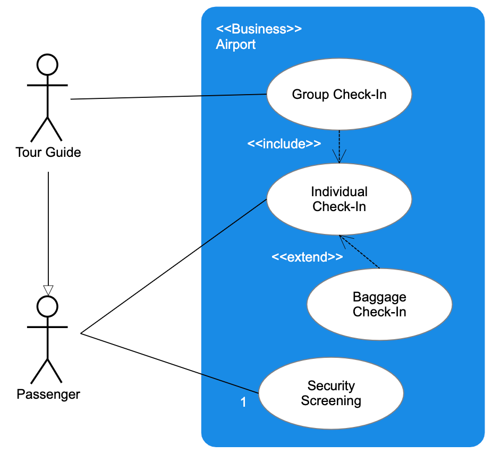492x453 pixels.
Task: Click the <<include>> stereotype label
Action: [284, 144]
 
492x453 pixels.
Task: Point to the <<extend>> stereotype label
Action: [307, 257]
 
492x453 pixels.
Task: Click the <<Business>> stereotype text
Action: [259, 29]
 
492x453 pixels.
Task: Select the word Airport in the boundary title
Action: [235, 45]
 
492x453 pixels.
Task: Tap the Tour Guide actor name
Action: [48, 153]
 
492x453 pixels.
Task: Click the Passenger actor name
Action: [48, 395]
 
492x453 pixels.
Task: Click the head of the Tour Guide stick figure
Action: [47, 64]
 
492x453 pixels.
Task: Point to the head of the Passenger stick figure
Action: [47, 307]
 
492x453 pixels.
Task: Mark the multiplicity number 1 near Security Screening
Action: [243, 402]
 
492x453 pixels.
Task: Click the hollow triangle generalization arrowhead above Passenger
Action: [48, 290]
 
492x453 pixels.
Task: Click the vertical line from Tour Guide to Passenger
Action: [48, 229]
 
